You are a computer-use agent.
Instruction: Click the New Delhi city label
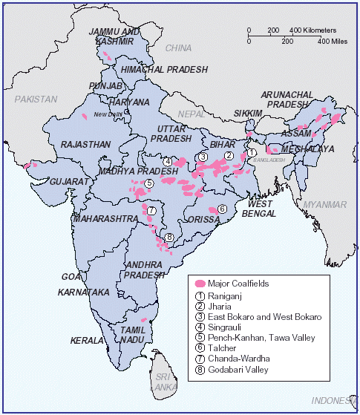pyautogui.click(x=110, y=114)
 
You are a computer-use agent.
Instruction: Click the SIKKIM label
pyautogui.click(x=247, y=113)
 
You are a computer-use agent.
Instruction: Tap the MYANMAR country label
pyautogui.click(x=324, y=205)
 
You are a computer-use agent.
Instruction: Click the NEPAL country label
pyautogui.click(x=193, y=114)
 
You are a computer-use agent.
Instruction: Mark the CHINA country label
pyautogui.click(x=178, y=48)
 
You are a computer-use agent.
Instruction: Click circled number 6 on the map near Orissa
pyautogui.click(x=222, y=209)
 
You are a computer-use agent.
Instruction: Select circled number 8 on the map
pyautogui.click(x=170, y=238)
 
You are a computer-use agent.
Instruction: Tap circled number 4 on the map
pyautogui.click(x=168, y=162)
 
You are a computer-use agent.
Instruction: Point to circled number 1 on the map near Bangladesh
pyautogui.click(x=252, y=152)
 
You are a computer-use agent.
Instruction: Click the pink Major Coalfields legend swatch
pyautogui.click(x=199, y=284)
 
